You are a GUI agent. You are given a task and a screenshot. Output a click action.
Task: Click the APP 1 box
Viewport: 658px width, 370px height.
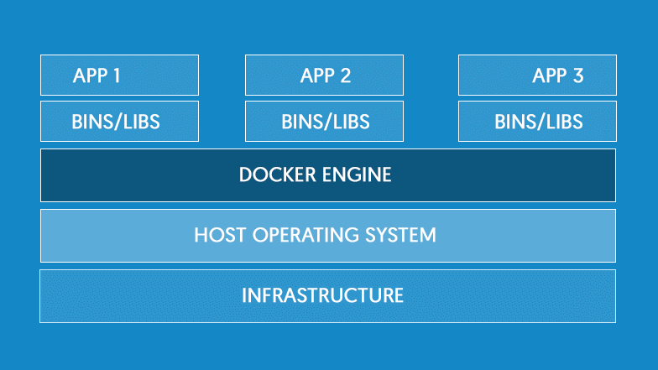tap(119, 76)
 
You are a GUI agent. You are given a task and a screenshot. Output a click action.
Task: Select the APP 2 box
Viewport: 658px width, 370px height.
tap(324, 76)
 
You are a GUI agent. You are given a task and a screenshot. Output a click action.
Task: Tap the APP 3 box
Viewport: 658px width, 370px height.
tap(537, 76)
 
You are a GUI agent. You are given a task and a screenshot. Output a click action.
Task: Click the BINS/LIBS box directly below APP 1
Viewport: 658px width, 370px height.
tap(119, 122)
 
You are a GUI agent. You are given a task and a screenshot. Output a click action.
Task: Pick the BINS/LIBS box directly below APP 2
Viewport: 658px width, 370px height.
tap(324, 122)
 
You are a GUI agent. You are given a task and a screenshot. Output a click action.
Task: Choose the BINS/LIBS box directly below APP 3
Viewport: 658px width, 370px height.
tap(537, 122)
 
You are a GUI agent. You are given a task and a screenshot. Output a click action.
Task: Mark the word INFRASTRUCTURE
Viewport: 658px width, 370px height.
tap(323, 295)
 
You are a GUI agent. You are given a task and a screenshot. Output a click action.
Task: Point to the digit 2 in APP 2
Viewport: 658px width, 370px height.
tap(345, 76)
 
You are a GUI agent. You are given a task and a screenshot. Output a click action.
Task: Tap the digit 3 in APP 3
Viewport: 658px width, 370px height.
tap(577, 76)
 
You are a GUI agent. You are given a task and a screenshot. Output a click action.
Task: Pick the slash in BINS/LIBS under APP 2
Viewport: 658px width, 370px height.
tap(326, 122)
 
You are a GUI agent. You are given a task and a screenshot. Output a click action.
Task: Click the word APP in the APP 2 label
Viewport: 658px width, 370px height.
tap(317, 76)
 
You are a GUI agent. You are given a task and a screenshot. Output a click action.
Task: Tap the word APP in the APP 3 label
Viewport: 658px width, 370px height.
tap(550, 76)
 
